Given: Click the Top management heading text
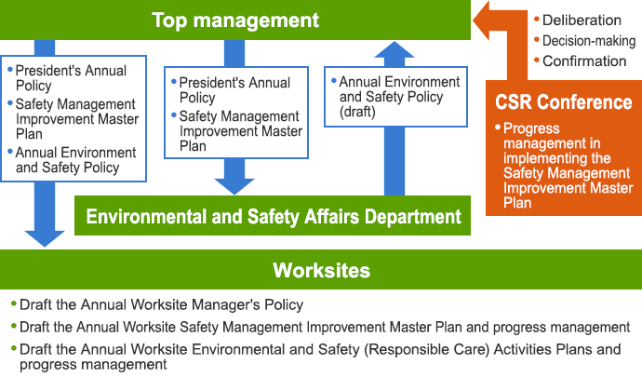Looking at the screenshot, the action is [x=235, y=20].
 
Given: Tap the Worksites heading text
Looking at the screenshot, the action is [x=321, y=270].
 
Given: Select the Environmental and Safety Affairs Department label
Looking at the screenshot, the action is [x=274, y=216].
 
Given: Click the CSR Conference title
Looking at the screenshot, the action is [x=564, y=102].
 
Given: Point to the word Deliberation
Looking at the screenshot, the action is [x=582, y=20].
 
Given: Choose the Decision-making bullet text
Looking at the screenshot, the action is [x=589, y=41].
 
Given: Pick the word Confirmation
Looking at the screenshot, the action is [x=584, y=61].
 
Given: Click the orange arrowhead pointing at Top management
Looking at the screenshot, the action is [x=482, y=20].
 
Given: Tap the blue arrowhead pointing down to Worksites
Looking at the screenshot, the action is [x=45, y=238].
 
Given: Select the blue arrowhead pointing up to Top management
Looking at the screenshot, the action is [x=395, y=49].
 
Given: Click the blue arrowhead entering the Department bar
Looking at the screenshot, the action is [x=234, y=186].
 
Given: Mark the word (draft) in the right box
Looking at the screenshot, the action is [x=357, y=112].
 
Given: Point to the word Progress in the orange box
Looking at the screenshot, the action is [x=531, y=128].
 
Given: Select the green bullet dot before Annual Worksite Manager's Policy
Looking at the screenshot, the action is [x=14, y=303].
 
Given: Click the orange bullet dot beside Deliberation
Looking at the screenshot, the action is [x=537, y=19].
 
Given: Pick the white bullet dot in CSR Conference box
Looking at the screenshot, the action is [x=498, y=127].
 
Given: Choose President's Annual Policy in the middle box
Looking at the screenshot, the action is [x=234, y=90].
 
